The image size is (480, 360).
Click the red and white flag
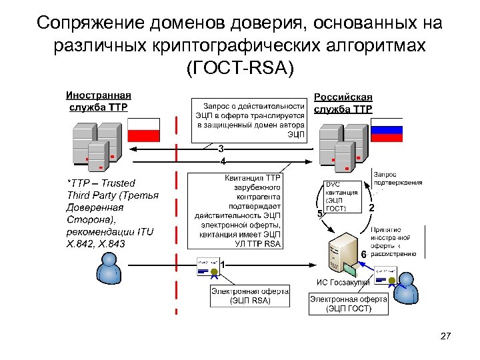144,128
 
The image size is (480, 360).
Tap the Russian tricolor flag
387,129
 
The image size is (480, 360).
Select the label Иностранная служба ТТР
98,101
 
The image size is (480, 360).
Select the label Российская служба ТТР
343,103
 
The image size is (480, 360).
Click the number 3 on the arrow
221,148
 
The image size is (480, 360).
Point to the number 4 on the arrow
223,161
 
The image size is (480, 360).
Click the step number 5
319,213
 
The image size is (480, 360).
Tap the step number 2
371,208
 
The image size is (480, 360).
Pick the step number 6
363,255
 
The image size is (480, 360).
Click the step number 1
223,265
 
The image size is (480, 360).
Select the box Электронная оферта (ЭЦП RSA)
251,296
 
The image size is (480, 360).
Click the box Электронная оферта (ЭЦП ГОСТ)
349,304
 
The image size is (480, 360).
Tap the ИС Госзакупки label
343,283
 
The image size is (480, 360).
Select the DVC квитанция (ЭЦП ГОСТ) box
341,196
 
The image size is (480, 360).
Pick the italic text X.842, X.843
96,244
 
